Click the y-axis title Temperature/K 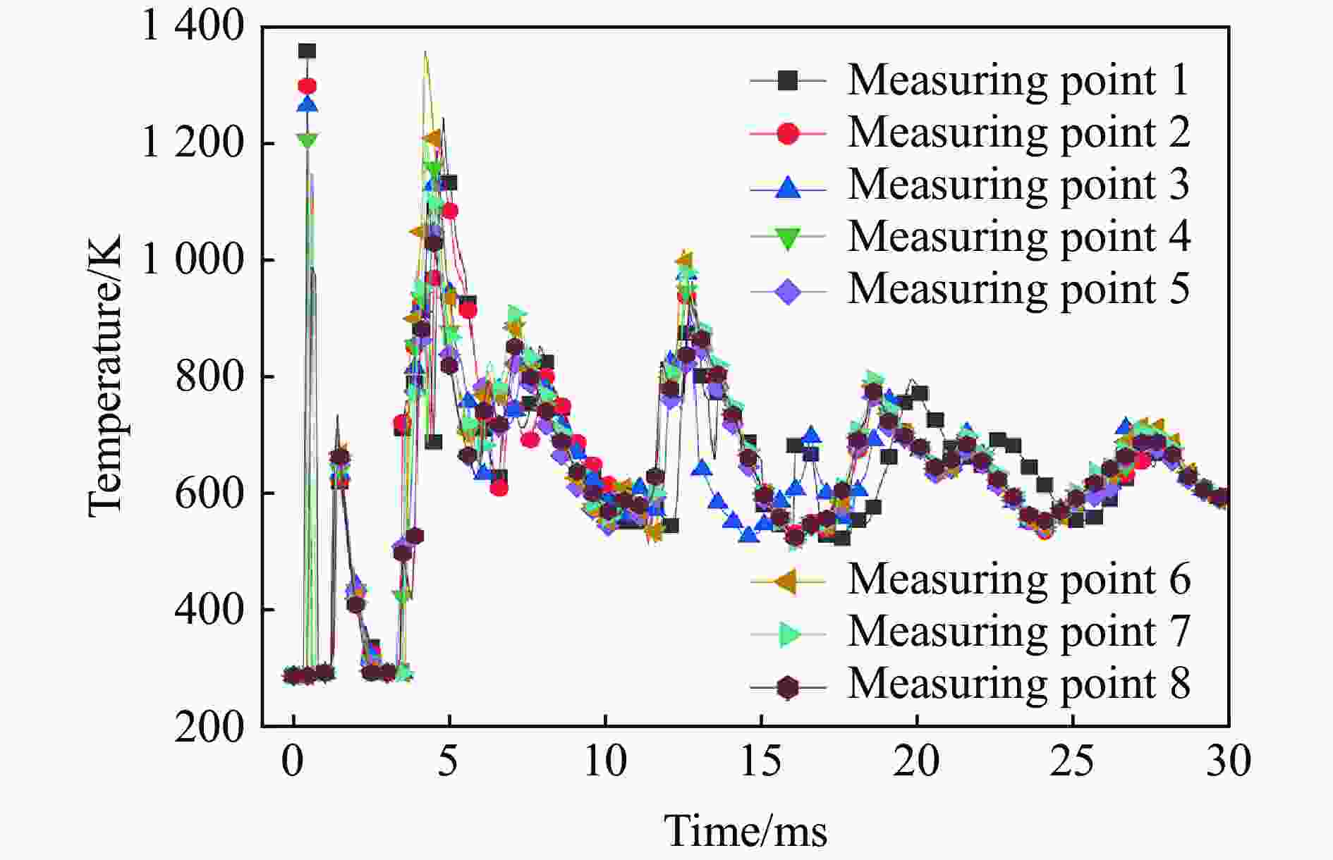coord(104,376)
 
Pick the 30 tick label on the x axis coord(1229,761)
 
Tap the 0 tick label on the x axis coord(293,761)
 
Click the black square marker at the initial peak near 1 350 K coord(307,51)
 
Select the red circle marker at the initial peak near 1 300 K coord(307,86)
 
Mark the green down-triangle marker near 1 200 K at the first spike coord(307,140)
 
